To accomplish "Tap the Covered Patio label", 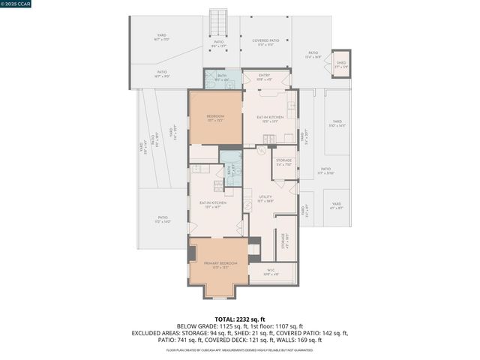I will pyautogui.click(x=265, y=42).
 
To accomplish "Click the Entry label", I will pyautogui.click(x=264, y=76).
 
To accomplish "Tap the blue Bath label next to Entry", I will pyautogui.click(x=222, y=76).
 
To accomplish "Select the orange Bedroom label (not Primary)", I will pyautogui.click(x=215, y=118).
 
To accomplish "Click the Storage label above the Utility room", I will pyautogui.click(x=283, y=162).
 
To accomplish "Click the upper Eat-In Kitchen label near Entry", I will pyautogui.click(x=271, y=118).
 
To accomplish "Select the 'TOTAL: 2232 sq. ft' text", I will pyautogui.click(x=239, y=319).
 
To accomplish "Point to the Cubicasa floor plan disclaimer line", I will pyautogui.click(x=239, y=349).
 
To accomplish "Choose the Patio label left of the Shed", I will pyautogui.click(x=313, y=54).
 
